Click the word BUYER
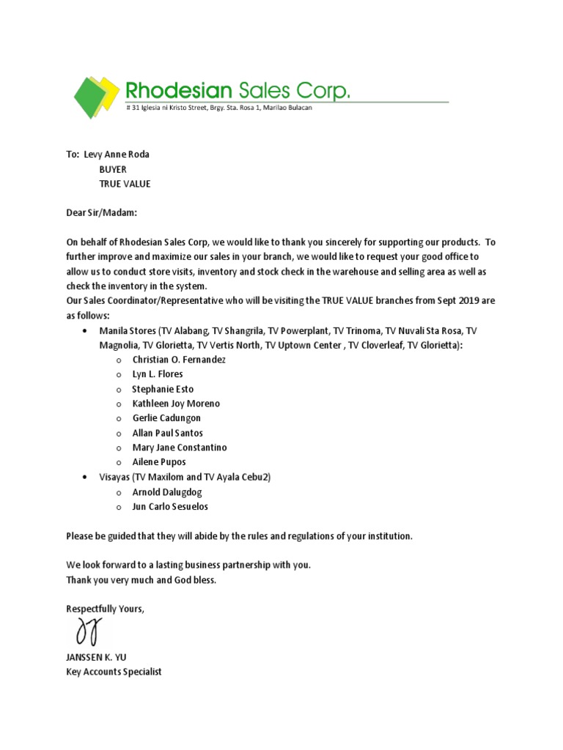click(113, 169)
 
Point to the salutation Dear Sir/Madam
click(101, 213)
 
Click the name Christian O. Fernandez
click(179, 360)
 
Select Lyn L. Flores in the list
click(158, 374)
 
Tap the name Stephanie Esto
click(163, 389)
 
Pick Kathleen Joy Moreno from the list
click(176, 404)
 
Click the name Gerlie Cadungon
click(166, 418)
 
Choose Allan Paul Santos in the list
click(168, 433)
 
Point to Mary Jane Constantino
click(180, 448)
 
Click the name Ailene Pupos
click(159, 462)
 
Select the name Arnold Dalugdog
click(166, 492)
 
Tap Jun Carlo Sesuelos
click(170, 507)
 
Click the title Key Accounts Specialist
click(114, 672)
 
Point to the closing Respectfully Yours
click(106, 609)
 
